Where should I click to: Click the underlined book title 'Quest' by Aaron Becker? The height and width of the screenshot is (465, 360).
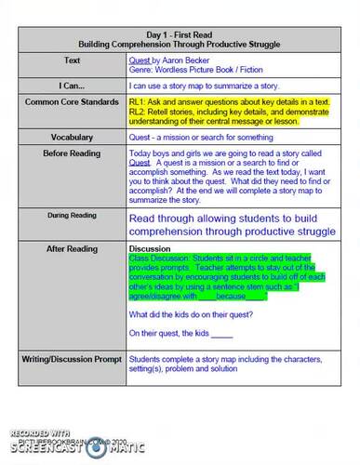(140, 58)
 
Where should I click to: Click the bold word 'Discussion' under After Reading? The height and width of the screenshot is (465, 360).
(152, 249)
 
